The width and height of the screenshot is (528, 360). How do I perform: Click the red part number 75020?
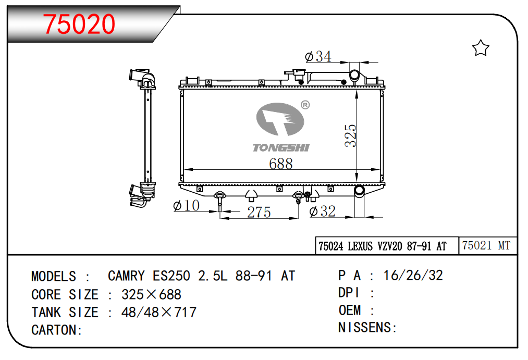[x=79, y=24]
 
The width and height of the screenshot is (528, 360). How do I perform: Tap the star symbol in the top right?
[x=480, y=49]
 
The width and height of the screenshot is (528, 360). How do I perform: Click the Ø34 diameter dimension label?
[x=317, y=56]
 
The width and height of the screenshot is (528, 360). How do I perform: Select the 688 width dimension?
[x=280, y=163]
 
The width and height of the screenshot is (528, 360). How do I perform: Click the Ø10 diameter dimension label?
[x=186, y=206]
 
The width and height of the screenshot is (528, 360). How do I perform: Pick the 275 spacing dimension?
[x=259, y=213]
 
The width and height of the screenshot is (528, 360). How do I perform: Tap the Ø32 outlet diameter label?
[x=322, y=211]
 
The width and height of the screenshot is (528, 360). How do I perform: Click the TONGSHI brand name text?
[x=281, y=148]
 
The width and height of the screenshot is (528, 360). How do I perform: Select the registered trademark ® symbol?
[x=305, y=105]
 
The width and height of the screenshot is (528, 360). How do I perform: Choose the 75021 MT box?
[x=486, y=246]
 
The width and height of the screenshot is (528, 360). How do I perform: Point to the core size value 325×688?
[x=151, y=294]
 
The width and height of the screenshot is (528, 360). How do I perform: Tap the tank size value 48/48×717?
[x=158, y=312]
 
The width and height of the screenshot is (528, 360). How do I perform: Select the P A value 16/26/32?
[x=413, y=276]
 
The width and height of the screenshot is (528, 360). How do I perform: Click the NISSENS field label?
[x=367, y=328]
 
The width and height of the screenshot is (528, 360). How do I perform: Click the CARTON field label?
[x=56, y=330]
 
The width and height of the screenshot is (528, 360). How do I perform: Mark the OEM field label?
[x=350, y=311]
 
